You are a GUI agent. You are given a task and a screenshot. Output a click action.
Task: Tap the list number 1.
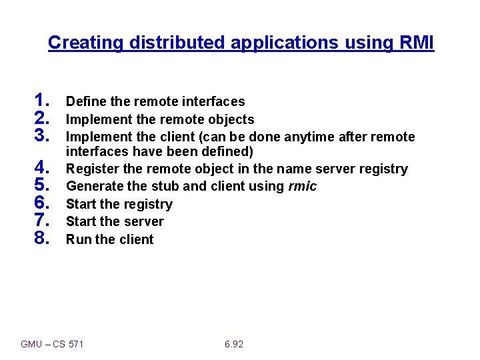42,101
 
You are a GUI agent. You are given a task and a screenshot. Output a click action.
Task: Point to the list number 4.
42,166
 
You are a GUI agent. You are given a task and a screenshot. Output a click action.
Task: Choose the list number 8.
42,237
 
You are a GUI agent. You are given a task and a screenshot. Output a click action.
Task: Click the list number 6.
42,203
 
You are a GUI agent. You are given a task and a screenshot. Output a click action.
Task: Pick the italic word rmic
303,186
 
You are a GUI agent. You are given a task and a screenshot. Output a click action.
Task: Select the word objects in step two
231,119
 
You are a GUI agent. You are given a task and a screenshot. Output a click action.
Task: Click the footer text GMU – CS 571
52,344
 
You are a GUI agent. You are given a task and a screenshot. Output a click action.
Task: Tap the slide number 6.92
234,344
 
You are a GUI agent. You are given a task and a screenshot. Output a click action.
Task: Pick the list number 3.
42,135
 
